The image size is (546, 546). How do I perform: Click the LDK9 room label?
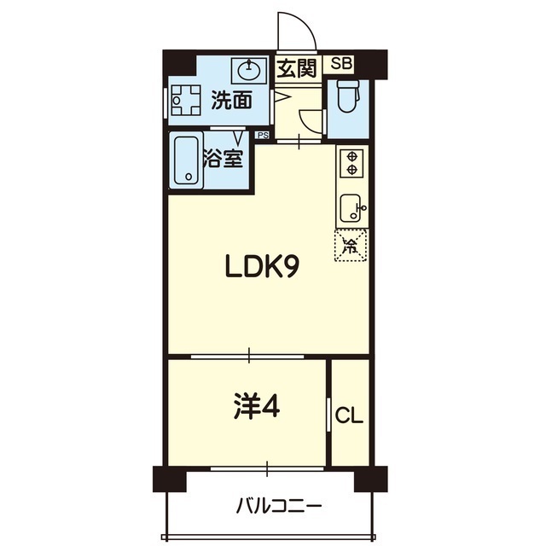[263, 266]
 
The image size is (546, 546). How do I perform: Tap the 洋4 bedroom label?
[257, 405]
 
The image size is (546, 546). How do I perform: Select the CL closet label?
[349, 415]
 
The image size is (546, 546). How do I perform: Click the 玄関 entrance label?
[297, 67]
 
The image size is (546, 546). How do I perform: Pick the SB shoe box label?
[341, 64]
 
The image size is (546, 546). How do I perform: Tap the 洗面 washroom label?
[231, 101]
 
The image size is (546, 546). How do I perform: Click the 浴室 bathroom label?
[224, 159]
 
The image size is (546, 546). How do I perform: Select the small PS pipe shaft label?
[264, 135]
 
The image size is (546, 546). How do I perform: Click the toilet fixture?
[348, 96]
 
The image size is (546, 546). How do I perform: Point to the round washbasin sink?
[249, 71]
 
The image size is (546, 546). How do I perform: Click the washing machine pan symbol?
[186, 101]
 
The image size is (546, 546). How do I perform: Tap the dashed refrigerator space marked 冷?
[351, 245]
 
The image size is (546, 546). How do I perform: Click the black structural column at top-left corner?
[180, 62]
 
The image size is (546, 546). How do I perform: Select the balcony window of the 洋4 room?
[267, 468]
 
